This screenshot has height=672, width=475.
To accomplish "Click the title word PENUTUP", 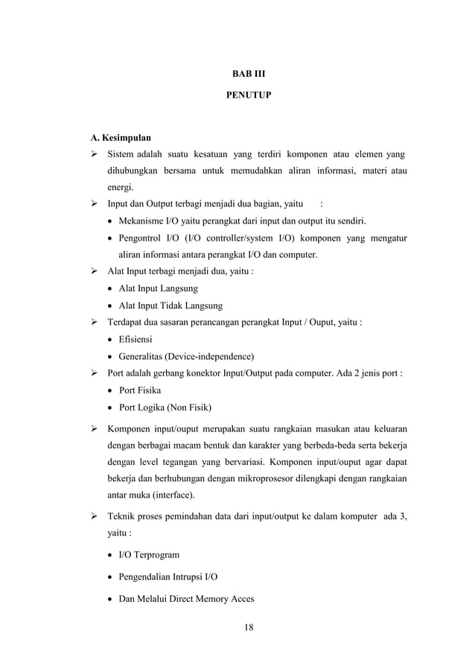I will point(238,96).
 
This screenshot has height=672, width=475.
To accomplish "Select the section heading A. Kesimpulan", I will point(121,139).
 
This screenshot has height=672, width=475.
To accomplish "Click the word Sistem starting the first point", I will point(121,155).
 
